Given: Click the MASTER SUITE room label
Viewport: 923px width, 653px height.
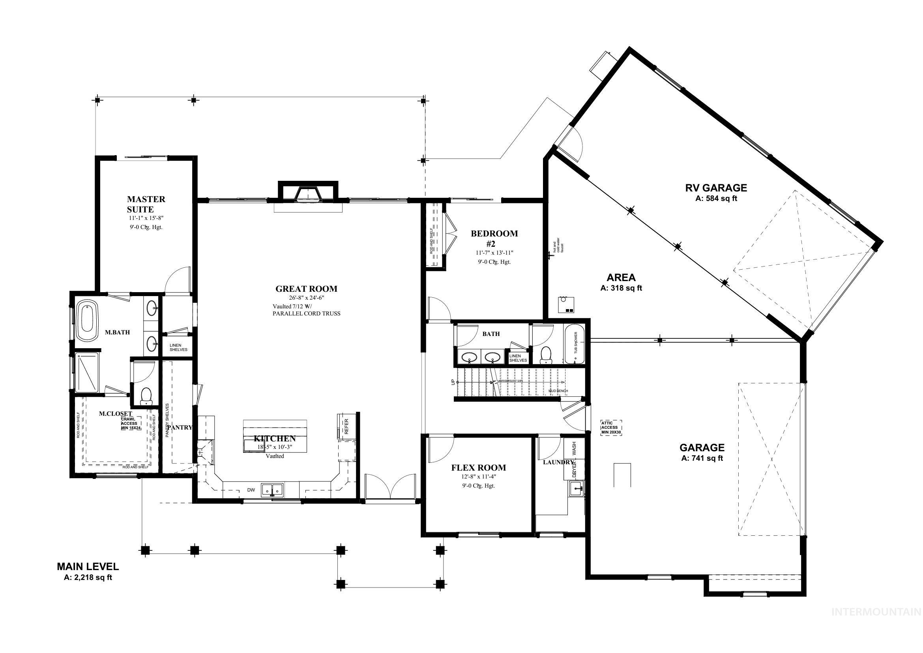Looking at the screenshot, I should coord(146,204).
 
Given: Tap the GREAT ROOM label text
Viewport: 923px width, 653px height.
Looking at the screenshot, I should coord(306,289).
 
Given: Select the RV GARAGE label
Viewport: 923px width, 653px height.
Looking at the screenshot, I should coord(716,188).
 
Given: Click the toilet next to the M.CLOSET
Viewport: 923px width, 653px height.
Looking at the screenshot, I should coord(146,396).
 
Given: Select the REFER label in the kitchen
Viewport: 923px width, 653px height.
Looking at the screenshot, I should coord(346,426).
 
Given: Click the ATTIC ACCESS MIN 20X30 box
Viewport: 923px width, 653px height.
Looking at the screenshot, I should coord(611,428).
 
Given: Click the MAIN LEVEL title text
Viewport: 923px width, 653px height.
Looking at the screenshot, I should coord(88,567).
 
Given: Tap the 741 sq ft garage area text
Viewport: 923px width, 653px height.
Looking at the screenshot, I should coord(702,458).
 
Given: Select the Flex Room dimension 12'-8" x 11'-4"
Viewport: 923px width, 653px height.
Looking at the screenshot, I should coord(478,477).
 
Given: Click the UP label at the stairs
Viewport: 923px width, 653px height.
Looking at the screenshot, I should coord(453,382).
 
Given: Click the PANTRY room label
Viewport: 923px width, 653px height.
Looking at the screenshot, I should coord(180,428).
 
